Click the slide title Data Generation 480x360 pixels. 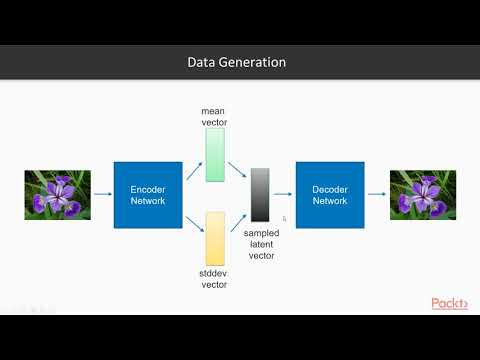tap(237, 62)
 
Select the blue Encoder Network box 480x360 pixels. tap(148, 194)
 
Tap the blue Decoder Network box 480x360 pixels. tap(329, 194)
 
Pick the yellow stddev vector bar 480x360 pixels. tap(215, 238)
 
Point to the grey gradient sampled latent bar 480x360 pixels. tap(260, 195)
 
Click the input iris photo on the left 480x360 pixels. tap(58, 194)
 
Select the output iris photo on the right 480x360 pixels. tap(421, 194)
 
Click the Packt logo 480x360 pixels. tap(449, 304)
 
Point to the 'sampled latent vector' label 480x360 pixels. tap(261, 242)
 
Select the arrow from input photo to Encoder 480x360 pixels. tap(102, 194)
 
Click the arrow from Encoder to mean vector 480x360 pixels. tap(193, 172)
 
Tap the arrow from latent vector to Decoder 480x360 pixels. tap(283, 194)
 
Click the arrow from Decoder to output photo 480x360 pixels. tap(375, 194)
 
